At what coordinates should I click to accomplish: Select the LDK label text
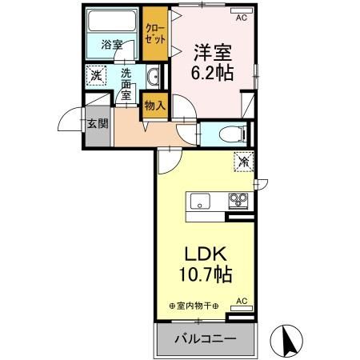pos(206,254)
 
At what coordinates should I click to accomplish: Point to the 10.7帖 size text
pos(206,274)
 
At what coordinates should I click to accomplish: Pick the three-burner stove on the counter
pos(238,200)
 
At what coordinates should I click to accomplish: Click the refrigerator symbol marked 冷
pos(242,161)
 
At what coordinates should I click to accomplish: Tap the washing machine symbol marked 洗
pos(95,77)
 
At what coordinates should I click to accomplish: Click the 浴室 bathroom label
pos(113,45)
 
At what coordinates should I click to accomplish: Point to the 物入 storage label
pos(154,105)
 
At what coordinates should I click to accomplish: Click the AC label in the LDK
pos(242,301)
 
